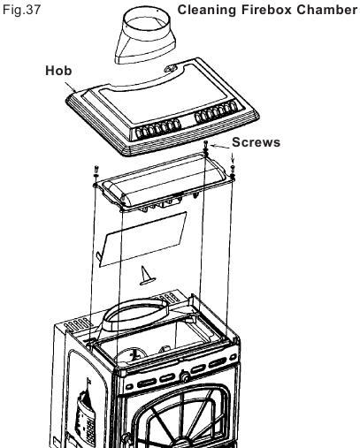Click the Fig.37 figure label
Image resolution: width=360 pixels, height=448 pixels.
coord(21,10)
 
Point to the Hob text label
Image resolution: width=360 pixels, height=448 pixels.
coord(58,71)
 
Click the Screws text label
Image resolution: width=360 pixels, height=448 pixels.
coord(256,142)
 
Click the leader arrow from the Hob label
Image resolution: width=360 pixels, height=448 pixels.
coord(71,87)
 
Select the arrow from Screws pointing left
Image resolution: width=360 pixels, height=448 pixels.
coord(220,147)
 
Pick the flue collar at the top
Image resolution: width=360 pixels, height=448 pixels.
coord(145,34)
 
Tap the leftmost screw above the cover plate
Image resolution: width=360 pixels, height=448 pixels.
coord(96,170)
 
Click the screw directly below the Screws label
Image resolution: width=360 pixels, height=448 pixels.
coord(233,169)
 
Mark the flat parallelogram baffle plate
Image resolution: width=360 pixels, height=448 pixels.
coord(142,239)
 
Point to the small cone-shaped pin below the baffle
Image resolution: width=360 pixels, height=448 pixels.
coord(147,276)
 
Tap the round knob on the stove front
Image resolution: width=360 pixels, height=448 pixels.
coord(185,376)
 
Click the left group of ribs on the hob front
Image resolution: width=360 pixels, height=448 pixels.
coord(157,129)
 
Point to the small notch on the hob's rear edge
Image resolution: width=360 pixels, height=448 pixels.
coord(170,69)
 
